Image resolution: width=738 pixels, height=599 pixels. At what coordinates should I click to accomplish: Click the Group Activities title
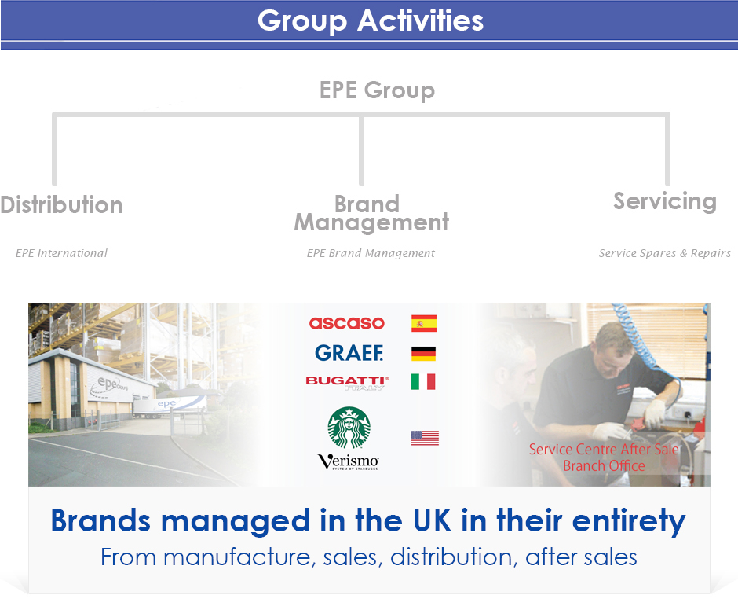[x=371, y=21]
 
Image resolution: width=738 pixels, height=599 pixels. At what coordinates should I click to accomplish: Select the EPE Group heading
[x=377, y=90]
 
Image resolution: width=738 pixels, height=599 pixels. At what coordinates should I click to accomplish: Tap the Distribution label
[x=62, y=205]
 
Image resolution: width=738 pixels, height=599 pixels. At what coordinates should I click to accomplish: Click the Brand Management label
[x=371, y=214]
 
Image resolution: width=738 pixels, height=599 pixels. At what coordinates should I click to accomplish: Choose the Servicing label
[x=665, y=202]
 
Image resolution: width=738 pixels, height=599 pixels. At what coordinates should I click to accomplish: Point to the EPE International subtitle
[x=62, y=253]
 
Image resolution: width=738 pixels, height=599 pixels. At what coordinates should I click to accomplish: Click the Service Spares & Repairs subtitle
[x=664, y=253]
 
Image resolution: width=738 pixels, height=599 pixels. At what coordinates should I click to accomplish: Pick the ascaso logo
[x=347, y=323]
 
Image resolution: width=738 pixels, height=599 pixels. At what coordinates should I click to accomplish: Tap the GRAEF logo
[x=349, y=352]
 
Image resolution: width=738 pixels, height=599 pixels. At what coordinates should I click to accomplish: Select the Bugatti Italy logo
[x=347, y=383]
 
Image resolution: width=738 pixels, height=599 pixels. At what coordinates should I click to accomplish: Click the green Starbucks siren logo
[x=349, y=428]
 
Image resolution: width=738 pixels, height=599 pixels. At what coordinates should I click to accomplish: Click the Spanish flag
[x=424, y=323]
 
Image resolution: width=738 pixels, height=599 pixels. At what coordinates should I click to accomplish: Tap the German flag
[x=423, y=354]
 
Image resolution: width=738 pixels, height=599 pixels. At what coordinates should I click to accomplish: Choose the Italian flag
[x=423, y=382]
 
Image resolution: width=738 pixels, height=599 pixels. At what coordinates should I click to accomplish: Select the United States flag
[x=425, y=438]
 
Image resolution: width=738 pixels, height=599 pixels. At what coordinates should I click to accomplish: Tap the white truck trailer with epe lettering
[x=170, y=406]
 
